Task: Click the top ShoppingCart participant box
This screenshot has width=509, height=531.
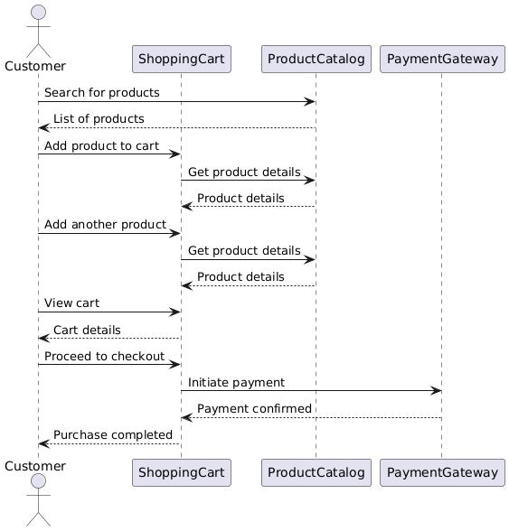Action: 181,60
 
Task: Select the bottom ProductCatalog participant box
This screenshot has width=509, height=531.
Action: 315,471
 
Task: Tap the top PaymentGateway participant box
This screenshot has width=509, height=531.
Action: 441,60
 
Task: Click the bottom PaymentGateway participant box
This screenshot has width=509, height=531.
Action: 441,471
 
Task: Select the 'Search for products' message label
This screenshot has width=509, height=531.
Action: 101,93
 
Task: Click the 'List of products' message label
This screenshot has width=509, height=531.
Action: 98,119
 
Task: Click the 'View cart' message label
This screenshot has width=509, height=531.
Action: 71,303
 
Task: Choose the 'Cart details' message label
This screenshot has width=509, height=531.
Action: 87,330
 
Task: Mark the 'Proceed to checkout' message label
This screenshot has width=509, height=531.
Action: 104,357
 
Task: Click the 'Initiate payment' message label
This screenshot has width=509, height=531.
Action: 236,383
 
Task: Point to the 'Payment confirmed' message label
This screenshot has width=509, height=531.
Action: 254,409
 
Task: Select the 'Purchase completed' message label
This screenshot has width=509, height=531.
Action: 112,435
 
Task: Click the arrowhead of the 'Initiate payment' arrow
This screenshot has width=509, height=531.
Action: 437,390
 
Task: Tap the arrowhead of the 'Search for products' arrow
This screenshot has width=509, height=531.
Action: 310,101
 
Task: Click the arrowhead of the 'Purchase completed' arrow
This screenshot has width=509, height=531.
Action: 42,443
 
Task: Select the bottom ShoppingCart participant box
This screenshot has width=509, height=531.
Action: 181,471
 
